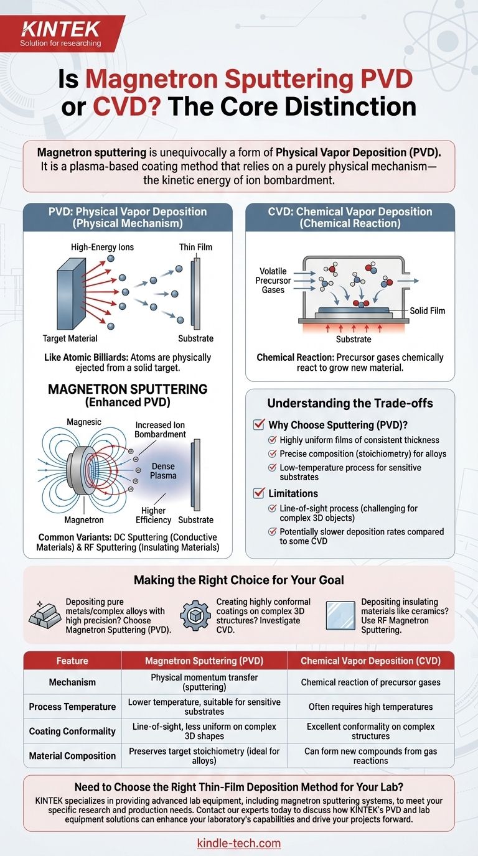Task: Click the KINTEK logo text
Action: (x=52, y=28)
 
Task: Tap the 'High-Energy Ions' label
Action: (x=103, y=247)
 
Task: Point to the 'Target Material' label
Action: (x=70, y=338)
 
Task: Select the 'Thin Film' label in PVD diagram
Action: (x=196, y=247)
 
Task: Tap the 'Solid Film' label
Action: (x=428, y=310)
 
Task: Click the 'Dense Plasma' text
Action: (x=164, y=470)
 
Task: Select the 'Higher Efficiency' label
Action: (x=153, y=514)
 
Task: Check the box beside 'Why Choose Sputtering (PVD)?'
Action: (x=259, y=426)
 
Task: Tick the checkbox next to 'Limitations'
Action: (x=259, y=493)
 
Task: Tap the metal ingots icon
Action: (x=45, y=615)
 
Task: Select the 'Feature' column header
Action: (x=72, y=661)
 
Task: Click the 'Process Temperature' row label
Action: (x=72, y=707)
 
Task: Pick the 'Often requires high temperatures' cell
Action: (x=370, y=707)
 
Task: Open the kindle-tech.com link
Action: (x=239, y=844)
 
